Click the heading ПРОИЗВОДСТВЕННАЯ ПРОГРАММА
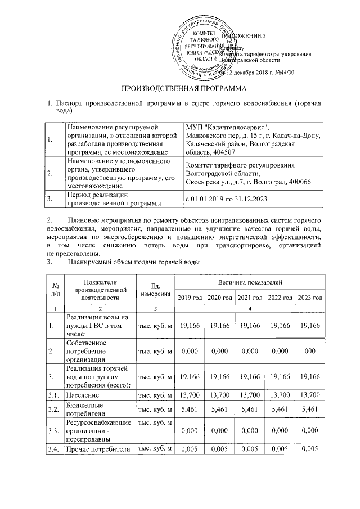coord(179,89)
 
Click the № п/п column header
coord(55,289)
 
